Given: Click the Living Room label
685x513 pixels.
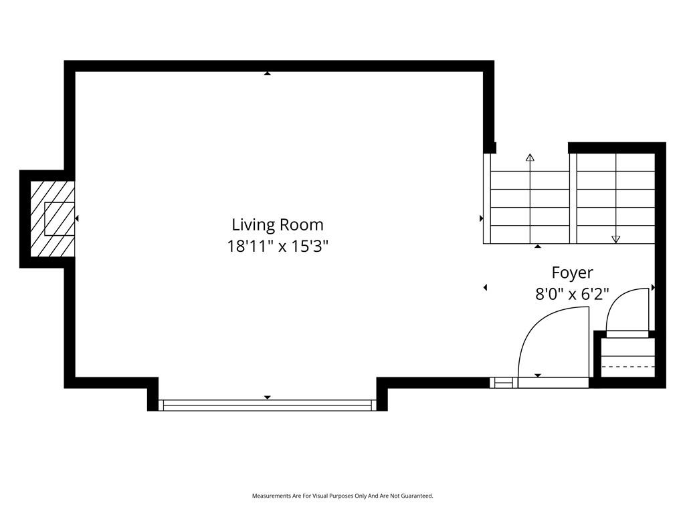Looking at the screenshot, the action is pyautogui.click(x=278, y=224).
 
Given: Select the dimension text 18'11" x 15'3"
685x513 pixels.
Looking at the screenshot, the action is pyautogui.click(x=278, y=246).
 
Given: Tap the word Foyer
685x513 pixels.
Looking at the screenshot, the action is pyautogui.click(x=573, y=273).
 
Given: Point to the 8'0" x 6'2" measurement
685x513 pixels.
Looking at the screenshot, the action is pyautogui.click(x=573, y=294).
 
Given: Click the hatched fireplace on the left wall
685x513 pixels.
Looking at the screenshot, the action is pyautogui.click(x=52, y=219).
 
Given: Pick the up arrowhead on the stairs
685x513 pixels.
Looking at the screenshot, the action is pyautogui.click(x=530, y=158).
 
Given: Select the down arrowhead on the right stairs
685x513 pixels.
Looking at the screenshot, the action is pyautogui.click(x=616, y=239).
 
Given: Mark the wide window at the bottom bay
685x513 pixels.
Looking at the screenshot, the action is pyautogui.click(x=267, y=405).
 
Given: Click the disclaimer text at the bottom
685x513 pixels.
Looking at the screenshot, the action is pyautogui.click(x=342, y=496).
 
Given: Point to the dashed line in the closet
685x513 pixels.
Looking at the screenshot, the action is pyautogui.click(x=628, y=367).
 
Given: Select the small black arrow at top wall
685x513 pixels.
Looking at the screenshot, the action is pyautogui.click(x=268, y=73).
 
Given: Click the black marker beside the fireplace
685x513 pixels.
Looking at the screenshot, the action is pyautogui.click(x=77, y=218).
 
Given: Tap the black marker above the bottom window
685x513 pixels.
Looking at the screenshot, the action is pyautogui.click(x=268, y=397).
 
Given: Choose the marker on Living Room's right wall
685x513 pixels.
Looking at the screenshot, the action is pyautogui.click(x=482, y=218).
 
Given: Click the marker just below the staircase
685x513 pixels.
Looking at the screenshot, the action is pyautogui.click(x=538, y=246).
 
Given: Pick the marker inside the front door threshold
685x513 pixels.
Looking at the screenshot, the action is pyautogui.click(x=538, y=375).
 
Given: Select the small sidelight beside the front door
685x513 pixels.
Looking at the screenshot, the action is pyautogui.click(x=503, y=383).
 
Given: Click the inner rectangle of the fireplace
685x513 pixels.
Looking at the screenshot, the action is pyautogui.click(x=60, y=219).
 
